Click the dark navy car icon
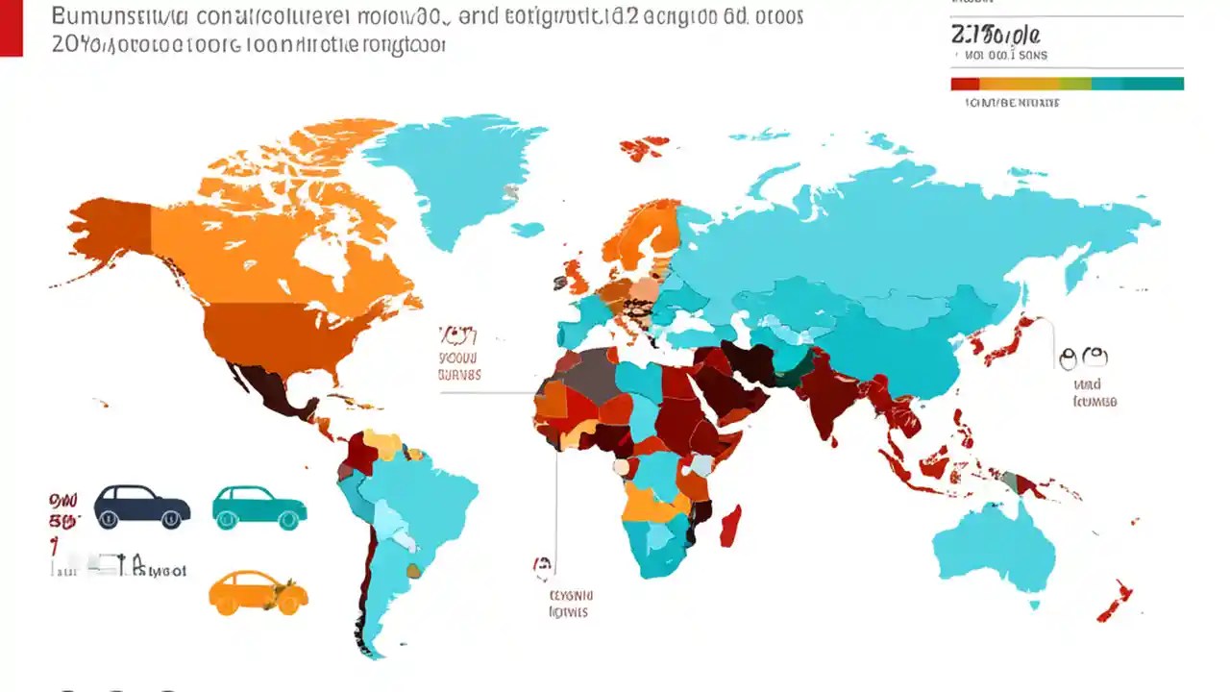point(141,506)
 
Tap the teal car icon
point(258,507)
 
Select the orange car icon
point(258,592)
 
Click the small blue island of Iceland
point(527,230)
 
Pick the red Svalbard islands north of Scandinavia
point(643,147)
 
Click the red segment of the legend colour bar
point(964,84)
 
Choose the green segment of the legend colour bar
point(1077,84)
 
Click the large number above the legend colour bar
point(995,35)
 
